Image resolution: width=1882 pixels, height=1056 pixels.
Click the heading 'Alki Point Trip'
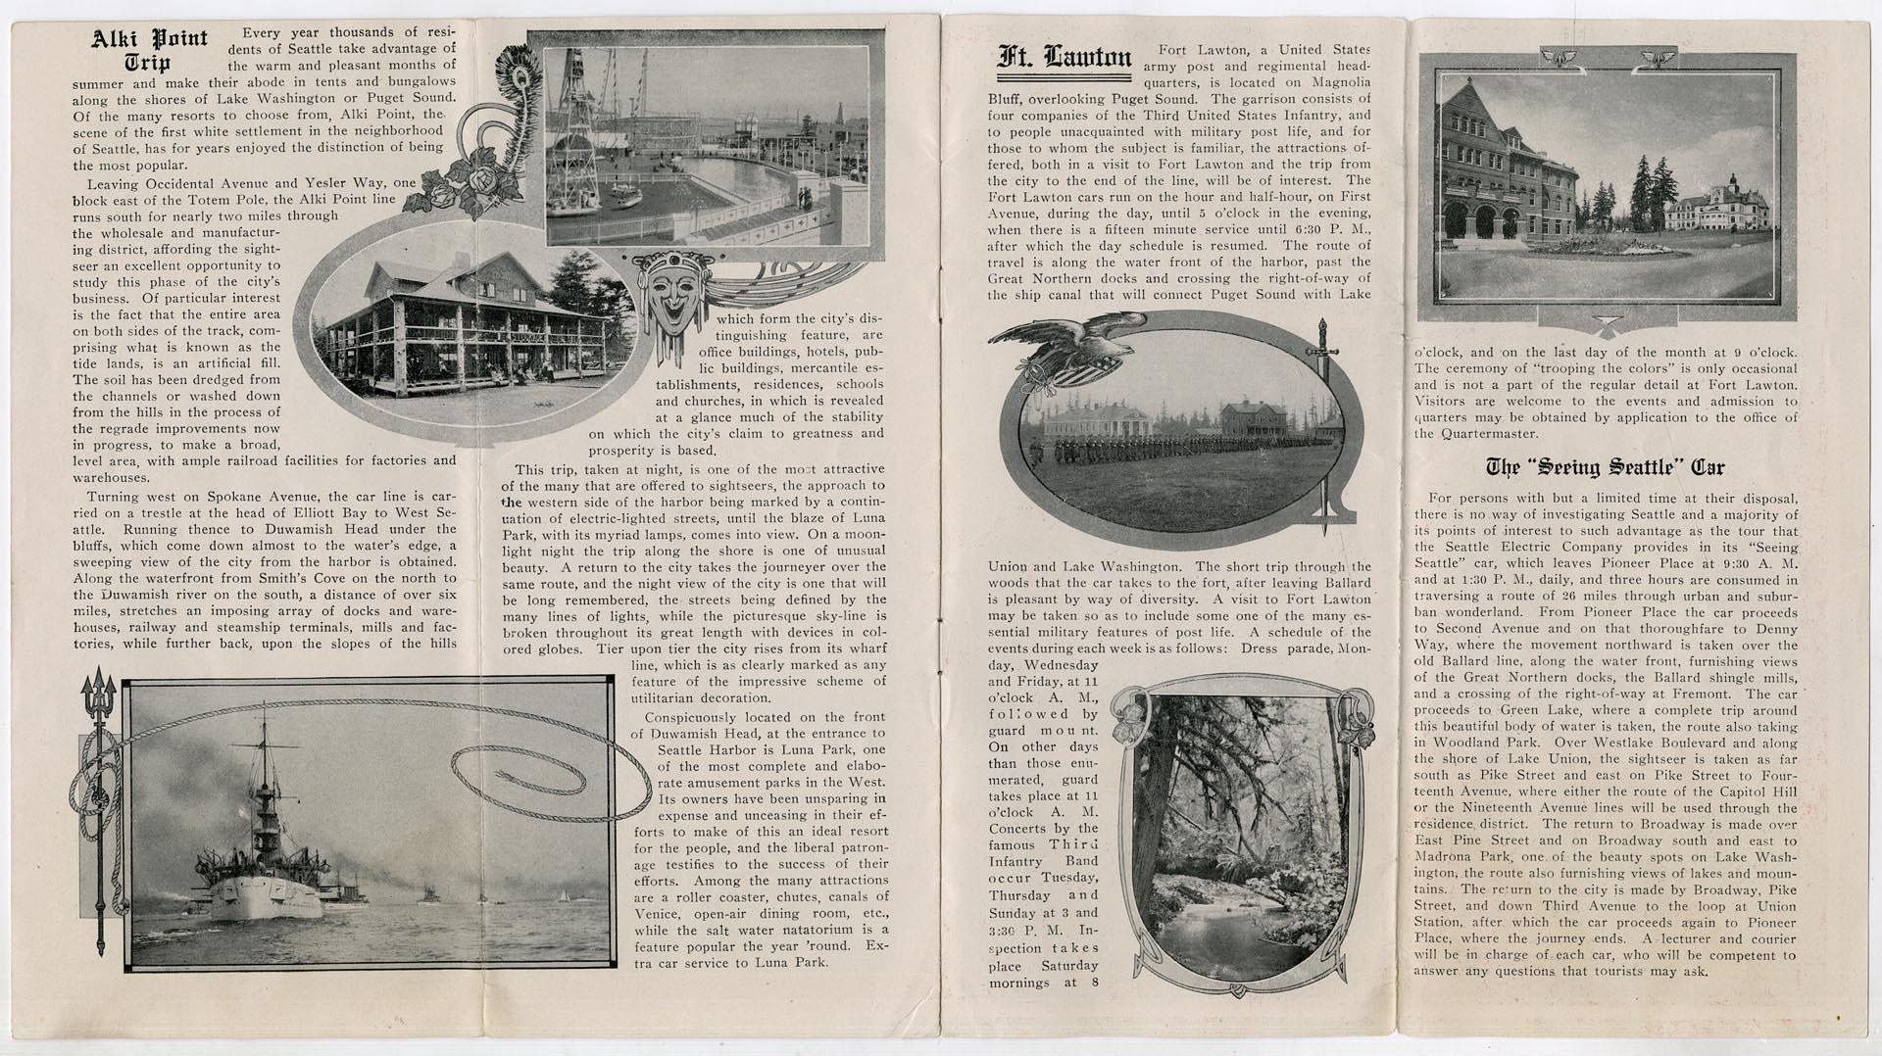tap(150, 52)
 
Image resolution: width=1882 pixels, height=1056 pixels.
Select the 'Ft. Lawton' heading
tap(1065, 58)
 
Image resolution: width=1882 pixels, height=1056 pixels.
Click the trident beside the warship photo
tap(99, 813)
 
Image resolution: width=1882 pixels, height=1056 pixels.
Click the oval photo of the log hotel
tap(466, 318)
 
